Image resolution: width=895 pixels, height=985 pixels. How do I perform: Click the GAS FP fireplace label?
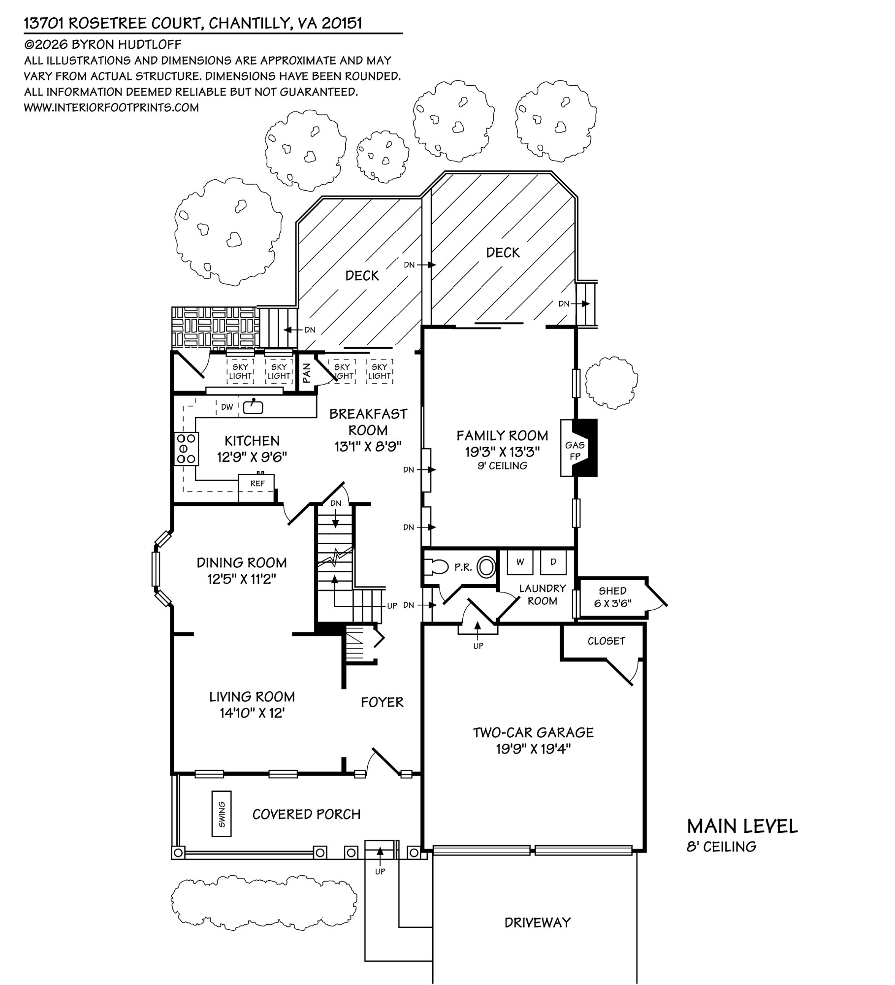pyautogui.click(x=575, y=450)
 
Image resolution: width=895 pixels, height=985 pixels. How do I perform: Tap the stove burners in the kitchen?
pyautogui.click(x=187, y=449)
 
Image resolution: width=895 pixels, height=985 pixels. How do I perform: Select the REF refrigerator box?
pyautogui.click(x=257, y=484)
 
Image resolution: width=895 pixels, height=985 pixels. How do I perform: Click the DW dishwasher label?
pyautogui.click(x=227, y=407)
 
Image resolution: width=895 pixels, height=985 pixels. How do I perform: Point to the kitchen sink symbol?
pyautogui.click(x=254, y=407)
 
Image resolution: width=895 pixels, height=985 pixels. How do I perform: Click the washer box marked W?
pyautogui.click(x=520, y=562)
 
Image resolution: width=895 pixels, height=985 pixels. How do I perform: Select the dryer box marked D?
pyautogui.click(x=553, y=562)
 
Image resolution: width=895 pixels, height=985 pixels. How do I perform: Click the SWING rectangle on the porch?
pyautogui.click(x=222, y=814)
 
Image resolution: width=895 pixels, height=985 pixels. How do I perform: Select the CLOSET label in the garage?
pyautogui.click(x=606, y=641)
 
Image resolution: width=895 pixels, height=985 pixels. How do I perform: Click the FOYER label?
pyautogui.click(x=382, y=702)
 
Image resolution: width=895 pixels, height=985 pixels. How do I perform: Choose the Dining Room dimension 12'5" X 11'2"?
pyautogui.click(x=241, y=579)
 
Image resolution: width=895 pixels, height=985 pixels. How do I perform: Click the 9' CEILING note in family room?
pyautogui.click(x=502, y=466)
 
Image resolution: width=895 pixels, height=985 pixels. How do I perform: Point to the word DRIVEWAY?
pyautogui.click(x=537, y=922)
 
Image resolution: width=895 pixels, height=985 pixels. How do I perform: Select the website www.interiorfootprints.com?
pyautogui.click(x=111, y=107)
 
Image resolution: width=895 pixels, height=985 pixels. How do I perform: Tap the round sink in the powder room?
pyautogui.click(x=487, y=567)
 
